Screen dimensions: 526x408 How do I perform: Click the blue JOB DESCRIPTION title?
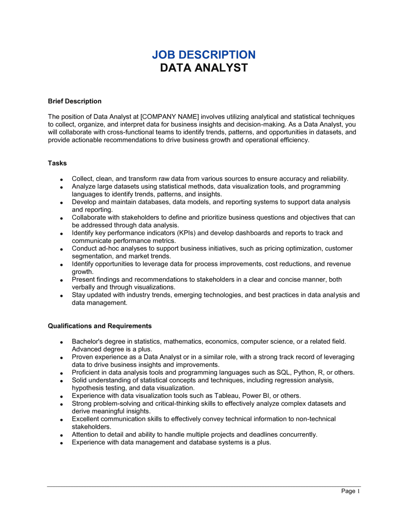(x=204, y=55)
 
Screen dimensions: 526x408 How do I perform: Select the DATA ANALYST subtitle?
(x=204, y=68)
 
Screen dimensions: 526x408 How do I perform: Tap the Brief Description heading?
(x=75, y=101)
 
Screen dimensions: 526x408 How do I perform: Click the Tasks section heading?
(x=57, y=163)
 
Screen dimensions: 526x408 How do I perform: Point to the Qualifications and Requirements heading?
(x=100, y=326)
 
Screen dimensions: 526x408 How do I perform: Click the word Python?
(x=304, y=372)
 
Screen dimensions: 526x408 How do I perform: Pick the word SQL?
(x=284, y=372)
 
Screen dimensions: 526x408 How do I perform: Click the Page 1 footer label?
(x=350, y=491)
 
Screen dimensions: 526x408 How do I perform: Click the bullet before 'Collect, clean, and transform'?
(x=61, y=179)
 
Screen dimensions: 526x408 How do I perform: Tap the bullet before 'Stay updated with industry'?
(x=61, y=296)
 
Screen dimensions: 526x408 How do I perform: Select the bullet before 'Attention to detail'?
(x=61, y=435)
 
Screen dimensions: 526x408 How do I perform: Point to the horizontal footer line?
(x=204, y=486)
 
